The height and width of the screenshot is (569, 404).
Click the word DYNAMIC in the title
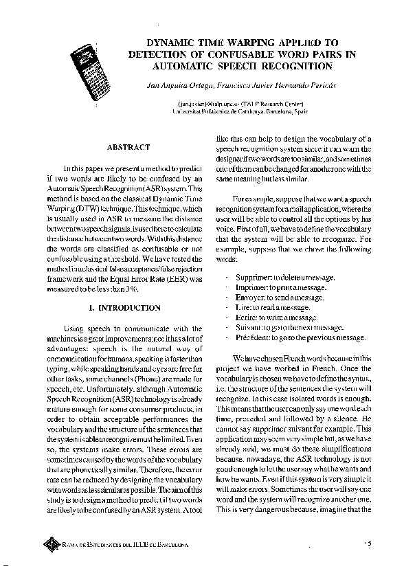170,41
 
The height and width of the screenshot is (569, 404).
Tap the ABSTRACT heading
128,147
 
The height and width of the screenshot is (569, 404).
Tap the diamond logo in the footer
50,545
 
